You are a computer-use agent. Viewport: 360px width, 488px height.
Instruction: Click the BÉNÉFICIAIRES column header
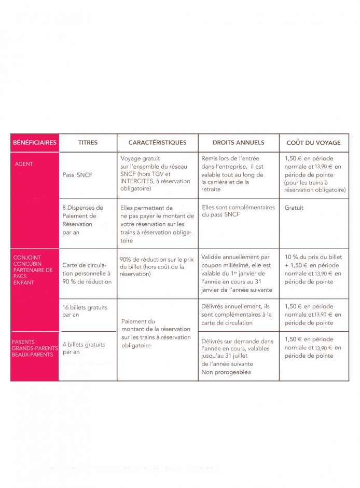pos(34,143)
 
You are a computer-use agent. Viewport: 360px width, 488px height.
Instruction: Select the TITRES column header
pos(88,143)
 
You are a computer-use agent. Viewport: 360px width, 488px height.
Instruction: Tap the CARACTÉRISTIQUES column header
pos(157,143)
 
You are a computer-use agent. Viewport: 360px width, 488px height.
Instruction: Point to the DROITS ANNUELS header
pos(238,143)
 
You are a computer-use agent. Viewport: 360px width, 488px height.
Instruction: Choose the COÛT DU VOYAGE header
pos(313,143)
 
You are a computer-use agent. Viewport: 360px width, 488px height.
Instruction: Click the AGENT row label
pos(24,164)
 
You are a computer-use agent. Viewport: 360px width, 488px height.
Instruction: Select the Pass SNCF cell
pos(77,175)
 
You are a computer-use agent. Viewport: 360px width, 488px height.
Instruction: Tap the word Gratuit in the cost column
pos(294,208)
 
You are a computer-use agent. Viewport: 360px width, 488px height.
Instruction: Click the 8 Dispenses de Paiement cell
pos(82,220)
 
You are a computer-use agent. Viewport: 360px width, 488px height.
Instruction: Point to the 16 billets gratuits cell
pos(85,311)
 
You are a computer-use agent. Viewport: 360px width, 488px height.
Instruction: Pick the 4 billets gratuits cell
pos(84,348)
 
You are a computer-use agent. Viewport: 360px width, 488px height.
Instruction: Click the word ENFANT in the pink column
pos(24,283)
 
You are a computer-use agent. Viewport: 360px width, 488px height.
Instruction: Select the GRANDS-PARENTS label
pos(32,348)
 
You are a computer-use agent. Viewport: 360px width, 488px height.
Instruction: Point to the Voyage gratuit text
pos(140,158)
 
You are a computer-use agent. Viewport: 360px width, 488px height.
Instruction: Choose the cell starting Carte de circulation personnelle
pos(87,273)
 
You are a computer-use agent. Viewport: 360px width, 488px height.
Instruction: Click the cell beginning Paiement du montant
pos(156,333)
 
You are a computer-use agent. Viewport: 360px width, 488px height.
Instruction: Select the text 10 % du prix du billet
pos(313,257)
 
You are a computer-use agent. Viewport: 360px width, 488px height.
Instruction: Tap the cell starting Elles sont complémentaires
pos(238,211)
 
